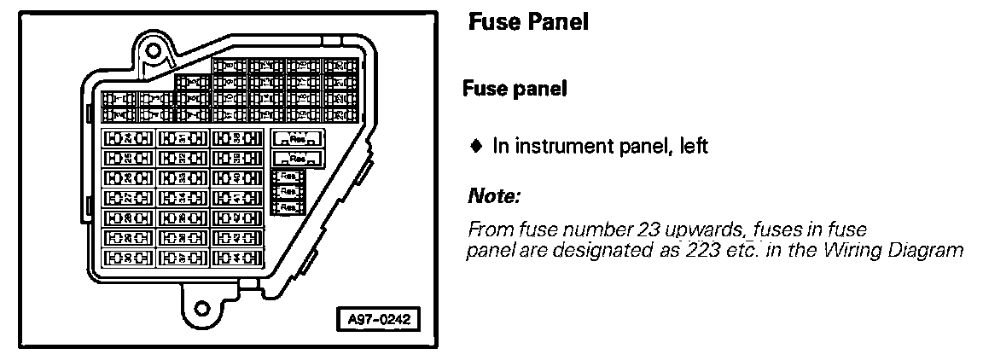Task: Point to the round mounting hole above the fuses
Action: [154, 49]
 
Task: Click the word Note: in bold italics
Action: [494, 197]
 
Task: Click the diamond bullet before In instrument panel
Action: [475, 147]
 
